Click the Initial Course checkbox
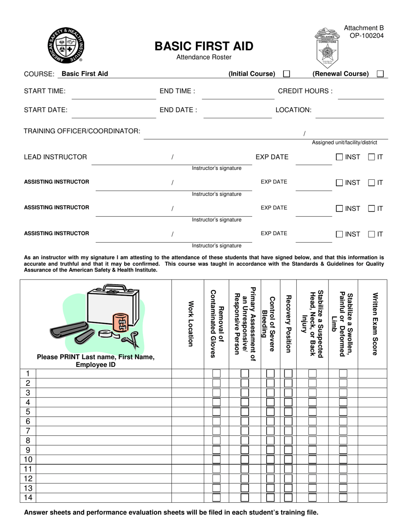point(287,74)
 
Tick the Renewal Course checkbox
point(380,74)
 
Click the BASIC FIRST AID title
point(204,46)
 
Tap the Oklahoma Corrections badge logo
point(328,45)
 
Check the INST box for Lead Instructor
point(339,157)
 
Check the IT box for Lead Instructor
point(372,157)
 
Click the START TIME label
point(45,91)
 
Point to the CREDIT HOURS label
point(305,91)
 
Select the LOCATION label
point(293,110)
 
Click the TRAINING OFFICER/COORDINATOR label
point(82,131)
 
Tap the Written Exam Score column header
point(375,324)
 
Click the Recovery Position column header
point(289,324)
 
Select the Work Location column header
point(188,324)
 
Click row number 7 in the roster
point(28,431)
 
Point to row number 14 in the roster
point(28,498)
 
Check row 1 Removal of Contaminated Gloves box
point(217,373)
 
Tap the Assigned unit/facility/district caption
point(344,143)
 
